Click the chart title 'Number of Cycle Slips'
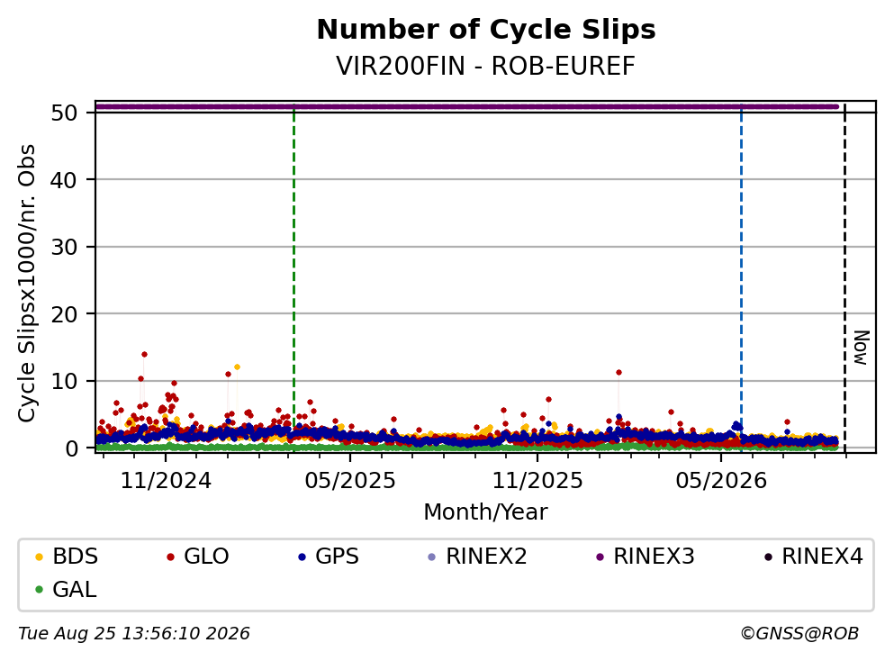coord(486,30)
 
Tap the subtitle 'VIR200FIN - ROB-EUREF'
coord(486,66)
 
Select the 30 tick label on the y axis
coord(65,247)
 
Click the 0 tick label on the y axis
coord(71,448)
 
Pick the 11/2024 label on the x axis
coord(166,481)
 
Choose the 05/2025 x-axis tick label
coord(350,481)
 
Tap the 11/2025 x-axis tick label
coord(537,481)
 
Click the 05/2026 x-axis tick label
coord(721,481)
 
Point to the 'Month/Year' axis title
coord(486,512)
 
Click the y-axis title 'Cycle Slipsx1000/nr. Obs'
coord(27,284)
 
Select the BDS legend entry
coord(67,556)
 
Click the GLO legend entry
coord(198,556)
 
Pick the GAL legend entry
coord(66,589)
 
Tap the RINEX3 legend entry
coord(645,556)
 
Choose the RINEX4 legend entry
coord(814,556)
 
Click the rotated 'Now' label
coord(861,348)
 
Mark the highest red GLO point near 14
coord(144,354)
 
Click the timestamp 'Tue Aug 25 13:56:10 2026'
coord(134,633)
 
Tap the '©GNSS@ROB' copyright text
coord(799,633)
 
